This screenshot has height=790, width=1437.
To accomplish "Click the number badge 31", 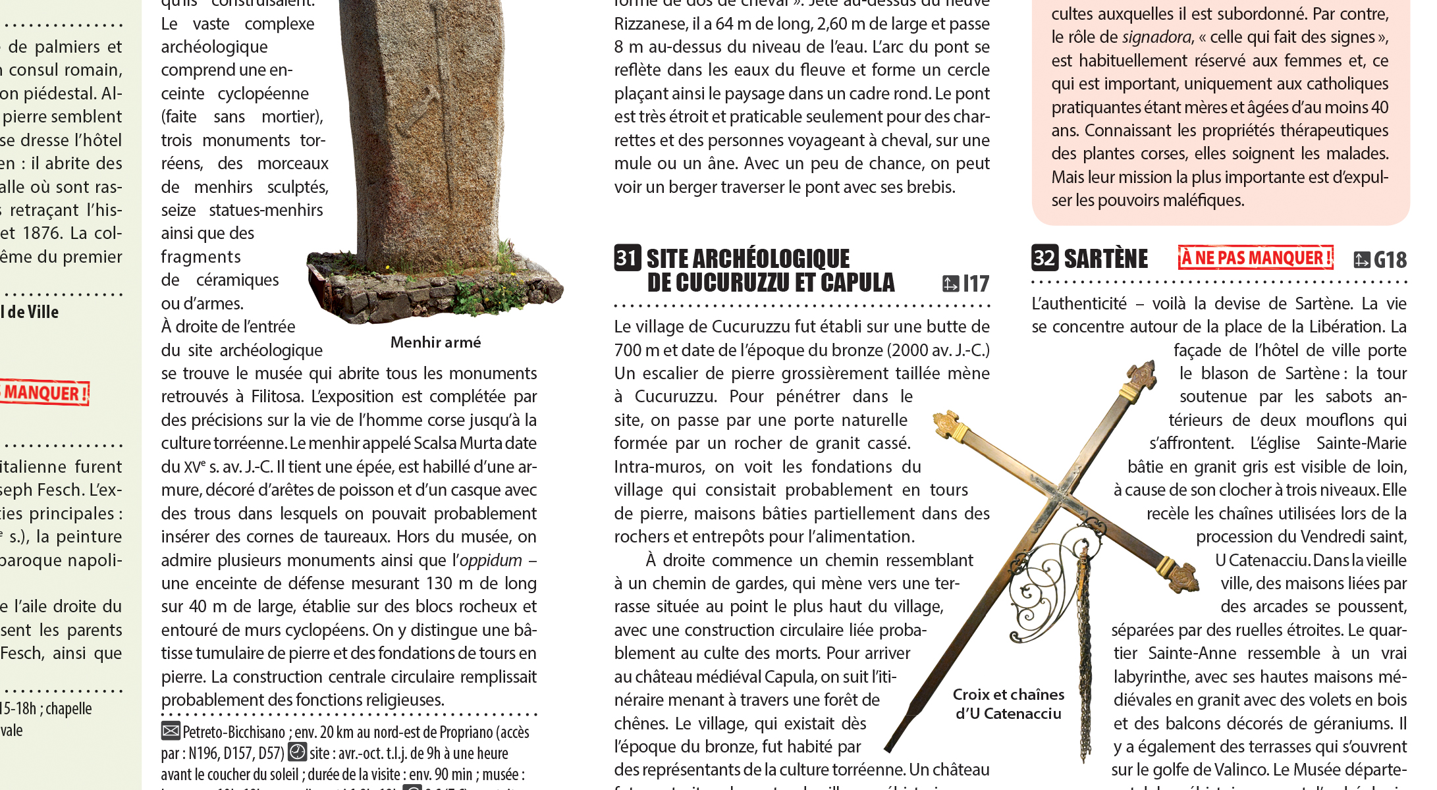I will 627,257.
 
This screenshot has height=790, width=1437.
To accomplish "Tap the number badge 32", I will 1044,257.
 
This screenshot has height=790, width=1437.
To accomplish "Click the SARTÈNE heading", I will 1106,259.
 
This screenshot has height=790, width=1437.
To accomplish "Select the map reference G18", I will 1381,260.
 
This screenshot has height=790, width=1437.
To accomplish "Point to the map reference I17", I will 966,284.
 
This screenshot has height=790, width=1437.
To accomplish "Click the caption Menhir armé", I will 435,342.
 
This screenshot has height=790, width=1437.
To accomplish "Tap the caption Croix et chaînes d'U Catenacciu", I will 1008,704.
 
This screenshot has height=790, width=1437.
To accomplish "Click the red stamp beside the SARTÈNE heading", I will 1255,258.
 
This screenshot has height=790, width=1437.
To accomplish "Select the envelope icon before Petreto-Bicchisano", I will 171,731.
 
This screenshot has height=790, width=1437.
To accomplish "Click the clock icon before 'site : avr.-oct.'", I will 298,752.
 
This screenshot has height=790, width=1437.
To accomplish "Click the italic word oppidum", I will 491,560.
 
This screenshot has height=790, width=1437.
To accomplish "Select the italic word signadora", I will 1157,38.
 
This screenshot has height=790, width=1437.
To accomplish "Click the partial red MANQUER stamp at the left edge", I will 45,393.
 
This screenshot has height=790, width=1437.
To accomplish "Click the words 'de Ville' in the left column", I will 32,312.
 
